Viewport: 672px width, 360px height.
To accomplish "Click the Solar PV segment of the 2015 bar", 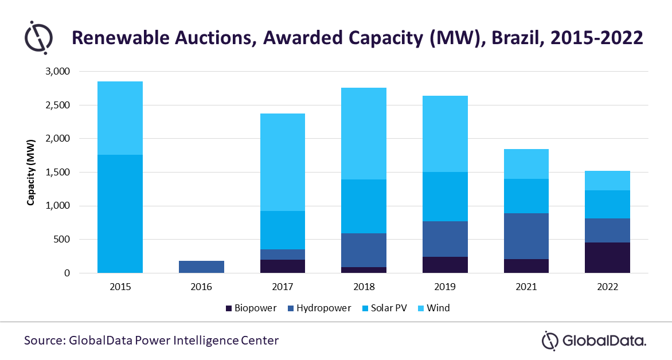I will pos(120,213).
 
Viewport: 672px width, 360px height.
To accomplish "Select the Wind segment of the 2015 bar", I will pos(120,118).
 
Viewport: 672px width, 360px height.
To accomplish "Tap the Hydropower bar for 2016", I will pos(201,267).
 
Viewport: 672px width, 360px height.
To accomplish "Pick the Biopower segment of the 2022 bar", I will pos(607,257).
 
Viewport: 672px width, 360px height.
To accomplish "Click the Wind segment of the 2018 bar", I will pos(364,134).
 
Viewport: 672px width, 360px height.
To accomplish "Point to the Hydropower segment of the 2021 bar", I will pos(526,236).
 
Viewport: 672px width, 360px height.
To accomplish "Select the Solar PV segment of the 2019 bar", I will pos(445,197).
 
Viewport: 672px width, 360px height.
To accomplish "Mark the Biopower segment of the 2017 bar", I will pos(283,266).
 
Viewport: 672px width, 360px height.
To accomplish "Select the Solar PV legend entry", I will pos(388,308).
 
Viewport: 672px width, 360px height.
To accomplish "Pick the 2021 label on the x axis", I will pos(526,287).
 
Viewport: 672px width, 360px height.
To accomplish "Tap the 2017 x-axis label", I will pos(283,287).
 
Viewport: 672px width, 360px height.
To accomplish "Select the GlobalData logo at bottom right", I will pos(595,341).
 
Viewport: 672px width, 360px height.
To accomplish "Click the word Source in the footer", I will pos(43,341).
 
